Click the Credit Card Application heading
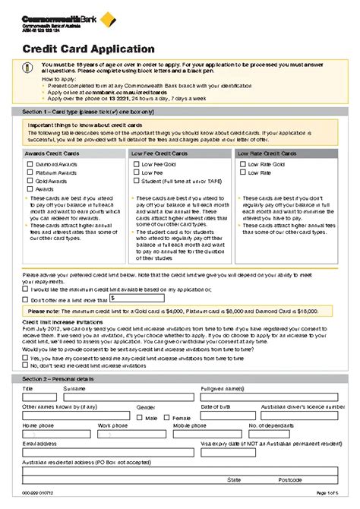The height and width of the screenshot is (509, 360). (72, 49)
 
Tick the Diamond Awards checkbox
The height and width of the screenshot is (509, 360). (30, 164)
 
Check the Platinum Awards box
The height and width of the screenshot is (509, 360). (30, 172)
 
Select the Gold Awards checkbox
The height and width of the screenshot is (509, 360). (30, 181)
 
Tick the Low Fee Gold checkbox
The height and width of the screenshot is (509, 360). (137, 164)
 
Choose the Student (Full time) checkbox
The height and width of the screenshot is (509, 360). (137, 181)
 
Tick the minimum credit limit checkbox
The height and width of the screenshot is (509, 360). (25, 289)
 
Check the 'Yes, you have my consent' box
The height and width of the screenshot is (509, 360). (25, 356)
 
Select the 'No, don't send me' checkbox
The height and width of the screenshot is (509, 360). (25, 365)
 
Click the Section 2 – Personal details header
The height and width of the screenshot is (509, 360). (59, 378)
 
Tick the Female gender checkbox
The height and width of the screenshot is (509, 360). (168, 417)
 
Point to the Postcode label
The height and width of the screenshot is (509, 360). (289, 480)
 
